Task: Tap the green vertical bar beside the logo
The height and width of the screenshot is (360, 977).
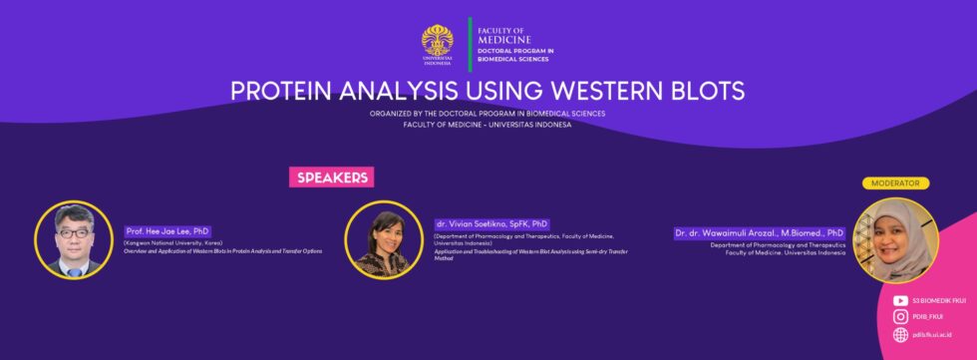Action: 470,45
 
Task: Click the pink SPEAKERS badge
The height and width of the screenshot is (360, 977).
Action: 331,178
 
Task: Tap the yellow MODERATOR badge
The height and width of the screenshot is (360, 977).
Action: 895,183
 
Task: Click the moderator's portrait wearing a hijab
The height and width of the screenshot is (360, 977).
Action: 893,240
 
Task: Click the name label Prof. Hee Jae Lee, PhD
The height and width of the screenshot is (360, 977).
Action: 167,230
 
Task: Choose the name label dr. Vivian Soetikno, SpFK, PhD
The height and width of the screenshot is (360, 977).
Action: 491,224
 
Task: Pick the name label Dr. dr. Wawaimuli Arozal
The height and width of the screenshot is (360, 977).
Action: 759,233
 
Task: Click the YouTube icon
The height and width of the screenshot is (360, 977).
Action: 900,300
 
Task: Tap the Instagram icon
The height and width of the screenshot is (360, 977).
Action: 900,317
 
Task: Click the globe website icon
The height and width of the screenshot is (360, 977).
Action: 900,335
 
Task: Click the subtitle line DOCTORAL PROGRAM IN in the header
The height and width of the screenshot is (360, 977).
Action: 515,50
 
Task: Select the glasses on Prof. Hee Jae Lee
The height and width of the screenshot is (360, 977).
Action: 73,227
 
